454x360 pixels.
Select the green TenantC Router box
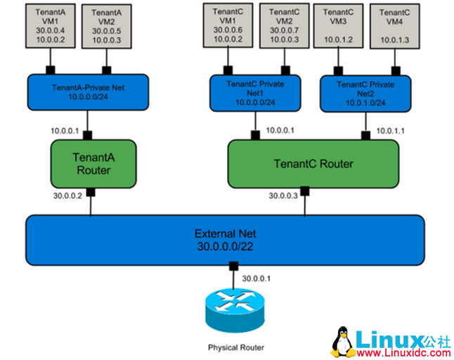pyautogui.click(x=313, y=163)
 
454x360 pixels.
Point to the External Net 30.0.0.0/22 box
pyautogui.click(x=225, y=238)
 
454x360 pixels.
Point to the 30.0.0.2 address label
pyautogui.click(x=67, y=195)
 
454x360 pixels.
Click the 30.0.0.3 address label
pyautogui.click(x=283, y=195)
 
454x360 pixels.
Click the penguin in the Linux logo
pyautogui.click(x=342, y=340)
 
